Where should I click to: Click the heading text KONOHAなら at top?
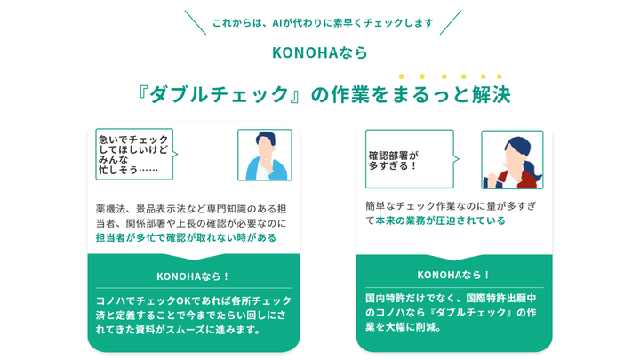click(319, 52)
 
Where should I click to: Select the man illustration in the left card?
click(264, 156)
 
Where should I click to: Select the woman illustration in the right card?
click(511, 160)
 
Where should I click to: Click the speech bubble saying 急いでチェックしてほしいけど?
click(133, 154)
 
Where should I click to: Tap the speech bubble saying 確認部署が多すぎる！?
click(408, 158)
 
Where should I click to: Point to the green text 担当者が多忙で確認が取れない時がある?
click(186, 237)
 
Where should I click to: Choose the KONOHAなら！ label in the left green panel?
click(193, 276)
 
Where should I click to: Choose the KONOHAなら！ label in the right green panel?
click(453, 275)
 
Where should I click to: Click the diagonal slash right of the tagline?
click(451, 22)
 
